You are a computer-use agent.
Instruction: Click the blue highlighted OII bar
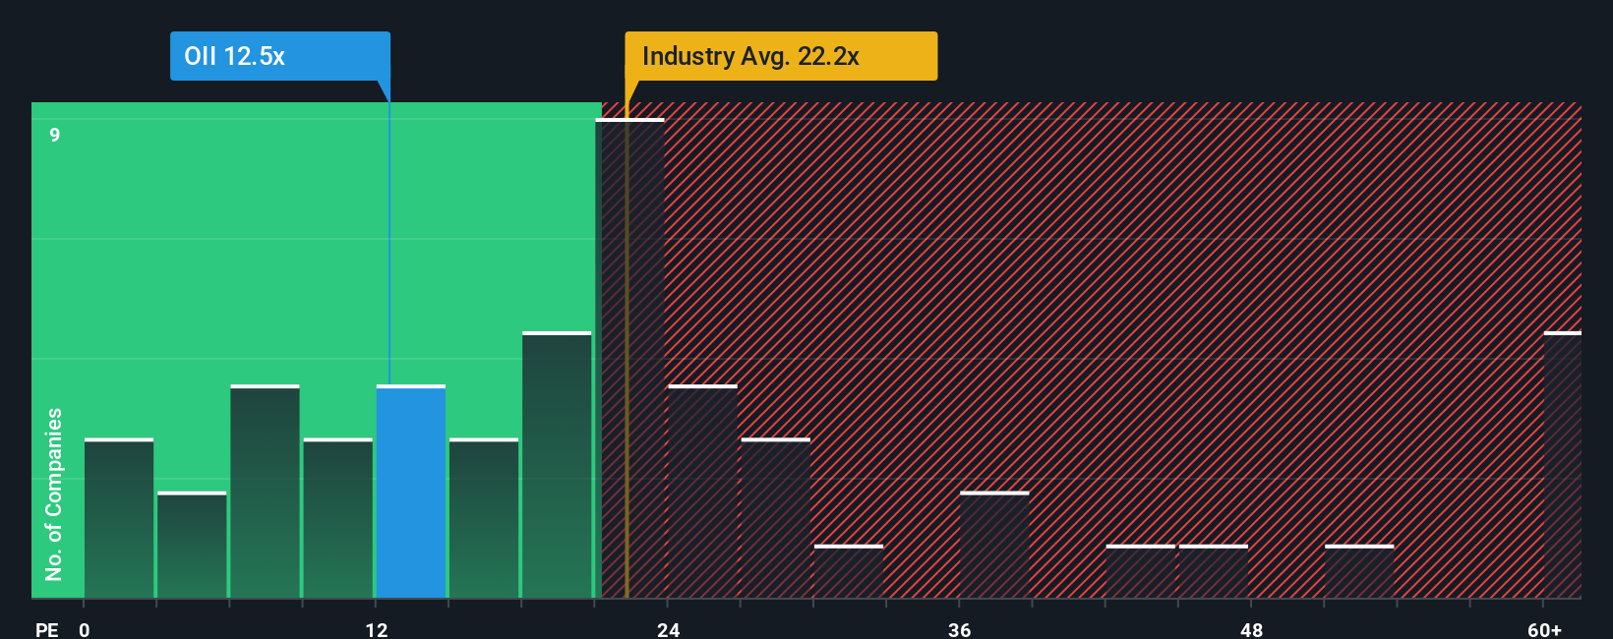(x=411, y=492)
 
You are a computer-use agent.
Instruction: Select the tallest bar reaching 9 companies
(x=630, y=359)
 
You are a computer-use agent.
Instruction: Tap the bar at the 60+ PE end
(x=1562, y=465)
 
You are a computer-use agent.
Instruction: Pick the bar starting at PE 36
(x=994, y=545)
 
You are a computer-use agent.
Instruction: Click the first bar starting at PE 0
(x=119, y=518)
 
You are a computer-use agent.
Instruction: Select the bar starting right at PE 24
(x=702, y=492)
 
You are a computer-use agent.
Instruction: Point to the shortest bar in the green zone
(x=192, y=545)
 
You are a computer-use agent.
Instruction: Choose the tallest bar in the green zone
(x=557, y=465)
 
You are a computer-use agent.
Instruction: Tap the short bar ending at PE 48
(x=1214, y=571)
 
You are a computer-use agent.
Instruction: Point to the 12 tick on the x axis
(x=377, y=629)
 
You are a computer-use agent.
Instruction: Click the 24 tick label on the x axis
(x=669, y=629)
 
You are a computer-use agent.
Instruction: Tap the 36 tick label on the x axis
(x=960, y=629)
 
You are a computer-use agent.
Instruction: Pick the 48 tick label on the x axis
(x=1251, y=629)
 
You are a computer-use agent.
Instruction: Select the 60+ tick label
(x=1544, y=629)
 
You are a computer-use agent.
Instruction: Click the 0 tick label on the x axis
(x=85, y=629)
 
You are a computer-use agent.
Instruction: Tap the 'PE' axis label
(x=47, y=629)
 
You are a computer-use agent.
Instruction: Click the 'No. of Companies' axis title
(x=54, y=494)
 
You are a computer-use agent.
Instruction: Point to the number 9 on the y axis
(x=55, y=135)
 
